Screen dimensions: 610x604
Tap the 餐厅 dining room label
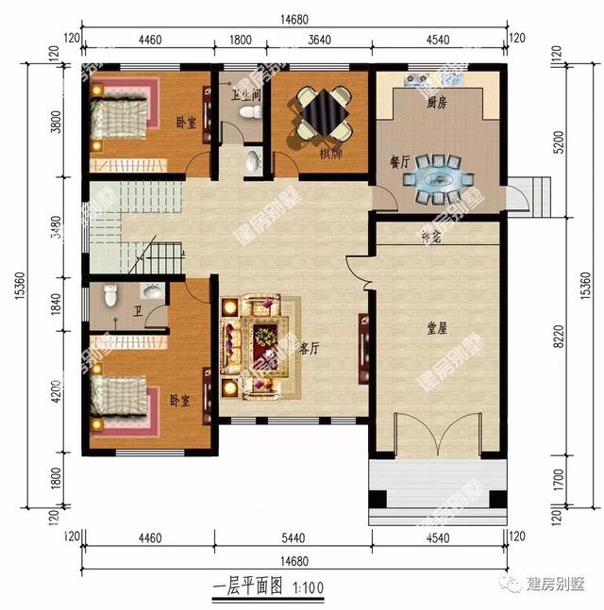click(399, 163)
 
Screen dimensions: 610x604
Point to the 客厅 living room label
click(309, 348)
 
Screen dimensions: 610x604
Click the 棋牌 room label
click(330, 153)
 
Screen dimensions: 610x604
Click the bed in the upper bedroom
click(121, 120)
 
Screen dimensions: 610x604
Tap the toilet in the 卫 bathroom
click(110, 299)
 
